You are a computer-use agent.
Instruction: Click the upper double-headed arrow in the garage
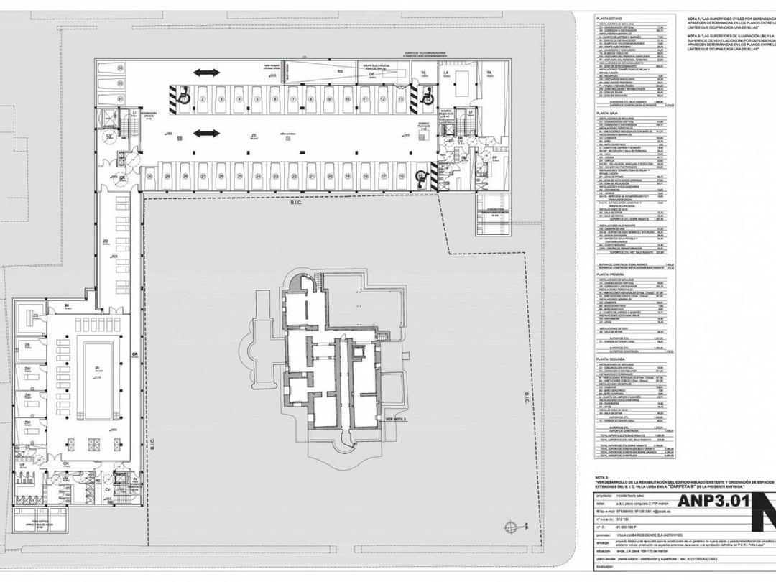tap(206, 73)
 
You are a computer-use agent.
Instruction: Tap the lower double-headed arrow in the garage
tap(206, 133)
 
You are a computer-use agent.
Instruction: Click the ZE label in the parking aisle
tap(254, 135)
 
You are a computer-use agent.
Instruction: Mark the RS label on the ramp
tap(340, 72)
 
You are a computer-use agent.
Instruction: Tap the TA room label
tap(489, 73)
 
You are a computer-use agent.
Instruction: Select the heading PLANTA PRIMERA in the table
tap(612, 274)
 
